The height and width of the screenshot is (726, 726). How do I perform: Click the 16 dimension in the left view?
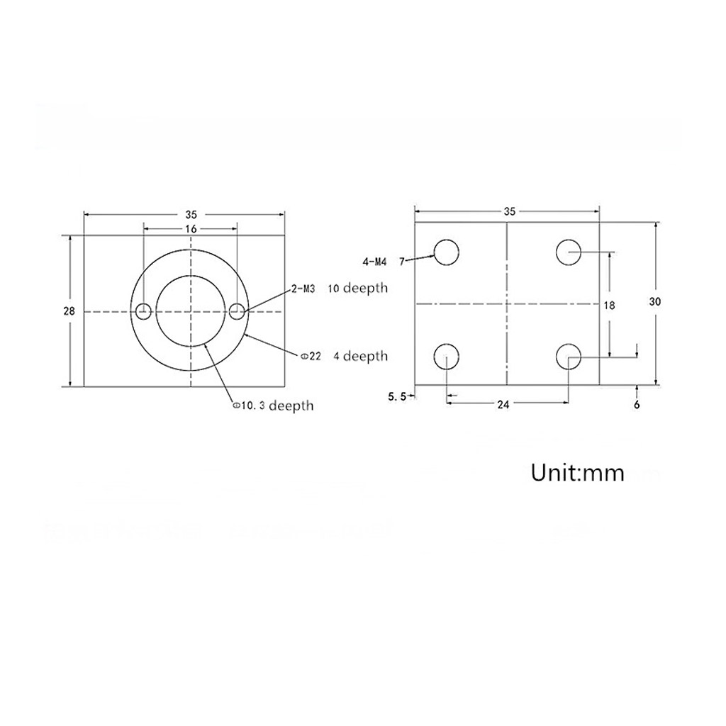tap(191, 229)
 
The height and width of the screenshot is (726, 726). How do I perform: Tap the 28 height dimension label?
tap(69, 311)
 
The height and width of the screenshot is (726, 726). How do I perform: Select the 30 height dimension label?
tap(654, 301)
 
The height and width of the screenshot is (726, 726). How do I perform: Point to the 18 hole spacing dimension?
tap(609, 305)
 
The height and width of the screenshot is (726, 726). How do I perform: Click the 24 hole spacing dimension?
tap(503, 405)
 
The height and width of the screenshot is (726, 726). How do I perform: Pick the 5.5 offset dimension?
tap(397, 396)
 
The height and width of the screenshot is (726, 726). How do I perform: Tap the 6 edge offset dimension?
tap(637, 405)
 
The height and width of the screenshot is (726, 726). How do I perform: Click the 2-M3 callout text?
tap(303, 289)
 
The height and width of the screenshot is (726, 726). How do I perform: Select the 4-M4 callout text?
tap(374, 262)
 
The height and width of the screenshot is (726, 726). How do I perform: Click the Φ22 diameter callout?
tap(311, 356)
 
